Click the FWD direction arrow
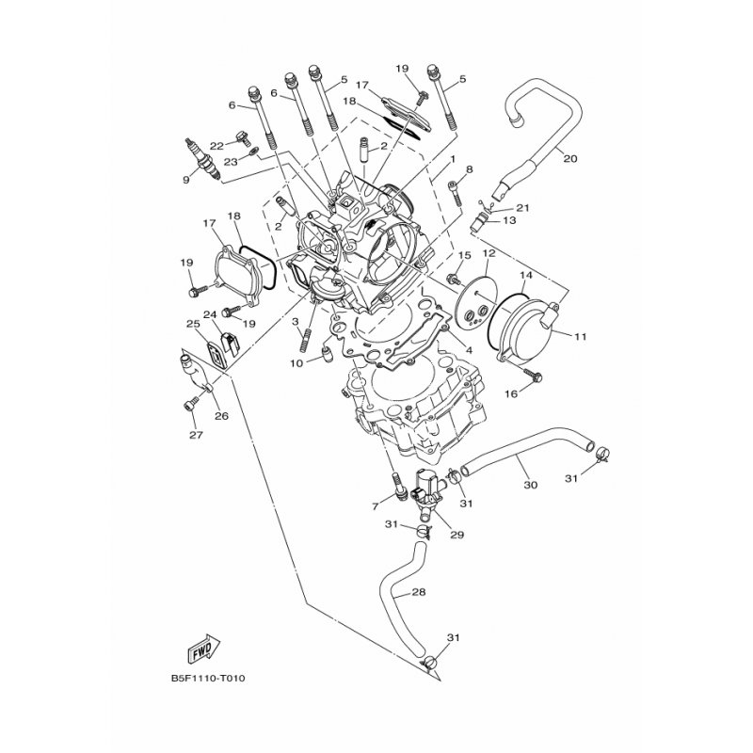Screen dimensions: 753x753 pyautogui.click(x=203, y=648)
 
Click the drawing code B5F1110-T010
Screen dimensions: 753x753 pyautogui.click(x=208, y=679)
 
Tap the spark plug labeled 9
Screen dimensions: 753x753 pyautogui.click(x=202, y=161)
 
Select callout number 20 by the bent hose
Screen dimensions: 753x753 pyautogui.click(x=570, y=158)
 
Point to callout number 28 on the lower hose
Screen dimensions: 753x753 pyautogui.click(x=419, y=592)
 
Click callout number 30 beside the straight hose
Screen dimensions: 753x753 pyautogui.click(x=530, y=485)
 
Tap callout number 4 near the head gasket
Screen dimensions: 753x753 pyautogui.click(x=469, y=350)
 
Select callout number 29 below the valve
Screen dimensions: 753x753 pyautogui.click(x=457, y=535)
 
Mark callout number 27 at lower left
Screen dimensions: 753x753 pyautogui.click(x=196, y=435)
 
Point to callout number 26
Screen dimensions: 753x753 pyautogui.click(x=221, y=416)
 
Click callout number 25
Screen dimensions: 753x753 pyautogui.click(x=193, y=324)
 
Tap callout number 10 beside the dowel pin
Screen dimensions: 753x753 pyautogui.click(x=296, y=363)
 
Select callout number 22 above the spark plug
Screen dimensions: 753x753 pyautogui.click(x=217, y=146)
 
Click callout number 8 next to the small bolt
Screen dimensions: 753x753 pyautogui.click(x=469, y=169)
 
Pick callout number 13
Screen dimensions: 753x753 pyautogui.click(x=509, y=220)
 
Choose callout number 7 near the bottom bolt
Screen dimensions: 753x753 pyautogui.click(x=376, y=505)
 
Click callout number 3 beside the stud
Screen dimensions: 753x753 pyautogui.click(x=296, y=321)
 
